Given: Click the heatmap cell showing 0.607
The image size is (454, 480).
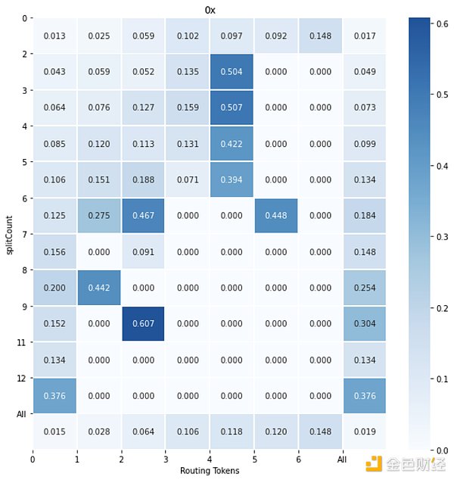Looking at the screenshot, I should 142,324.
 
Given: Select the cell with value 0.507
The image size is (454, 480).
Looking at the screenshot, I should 232,108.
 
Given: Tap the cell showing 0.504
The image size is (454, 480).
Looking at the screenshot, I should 232,71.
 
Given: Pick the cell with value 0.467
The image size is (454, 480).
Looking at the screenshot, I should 142,216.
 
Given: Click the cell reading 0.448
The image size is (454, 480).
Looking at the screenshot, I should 275,216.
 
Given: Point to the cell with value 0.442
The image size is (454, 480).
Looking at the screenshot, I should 98,288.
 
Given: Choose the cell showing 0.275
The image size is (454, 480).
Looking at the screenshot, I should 98,216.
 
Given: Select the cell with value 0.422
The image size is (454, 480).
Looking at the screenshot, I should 232,143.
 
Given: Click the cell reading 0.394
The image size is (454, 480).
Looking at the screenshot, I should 232,179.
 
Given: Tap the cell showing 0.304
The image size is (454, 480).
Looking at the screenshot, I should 365,324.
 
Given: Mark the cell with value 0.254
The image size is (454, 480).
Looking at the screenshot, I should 365,288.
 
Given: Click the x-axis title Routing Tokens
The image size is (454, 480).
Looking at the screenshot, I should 210,471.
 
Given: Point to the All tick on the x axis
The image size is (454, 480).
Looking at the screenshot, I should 343,460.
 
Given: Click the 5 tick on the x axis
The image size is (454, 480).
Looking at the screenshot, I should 254,460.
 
